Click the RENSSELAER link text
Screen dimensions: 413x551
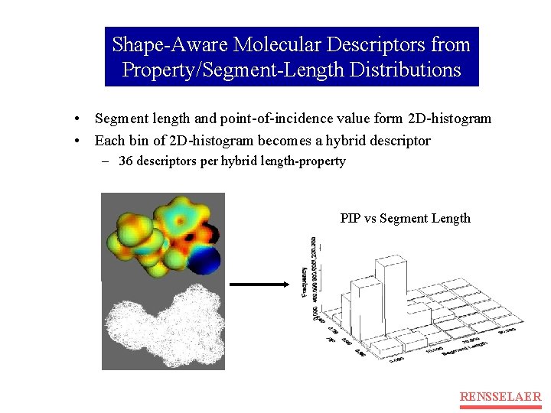[x=500, y=396]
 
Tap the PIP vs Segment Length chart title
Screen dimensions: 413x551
[x=406, y=219]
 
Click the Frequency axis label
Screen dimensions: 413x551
[x=305, y=283]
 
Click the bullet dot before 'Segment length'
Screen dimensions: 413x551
[x=78, y=119]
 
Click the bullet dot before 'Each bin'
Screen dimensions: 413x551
[x=78, y=141]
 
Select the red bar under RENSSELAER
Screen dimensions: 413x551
[x=500, y=407]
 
